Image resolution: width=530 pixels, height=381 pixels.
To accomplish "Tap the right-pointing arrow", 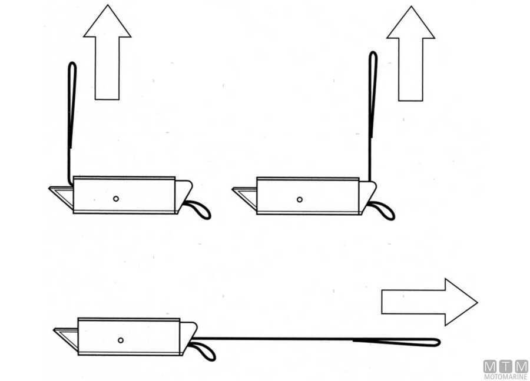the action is click(429, 302).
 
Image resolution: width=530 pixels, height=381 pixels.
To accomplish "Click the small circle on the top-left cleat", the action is click(116, 199).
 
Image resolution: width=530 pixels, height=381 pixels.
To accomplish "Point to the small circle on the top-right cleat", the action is click(300, 200).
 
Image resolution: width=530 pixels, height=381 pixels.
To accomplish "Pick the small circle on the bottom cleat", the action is click(121, 340).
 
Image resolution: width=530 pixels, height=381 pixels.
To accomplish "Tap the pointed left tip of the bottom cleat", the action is click(54, 329).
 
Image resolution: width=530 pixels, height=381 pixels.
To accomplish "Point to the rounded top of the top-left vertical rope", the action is click(72, 63).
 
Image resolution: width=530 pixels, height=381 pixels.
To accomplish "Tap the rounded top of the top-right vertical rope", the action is click(373, 52).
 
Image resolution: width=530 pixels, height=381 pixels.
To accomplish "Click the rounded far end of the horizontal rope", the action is click(439, 343).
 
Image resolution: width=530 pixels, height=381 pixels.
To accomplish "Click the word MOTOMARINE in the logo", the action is click(506, 377).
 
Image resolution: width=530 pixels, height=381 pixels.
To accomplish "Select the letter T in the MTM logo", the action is click(506, 366).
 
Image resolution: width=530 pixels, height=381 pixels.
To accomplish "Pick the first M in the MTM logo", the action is click(491, 366).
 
